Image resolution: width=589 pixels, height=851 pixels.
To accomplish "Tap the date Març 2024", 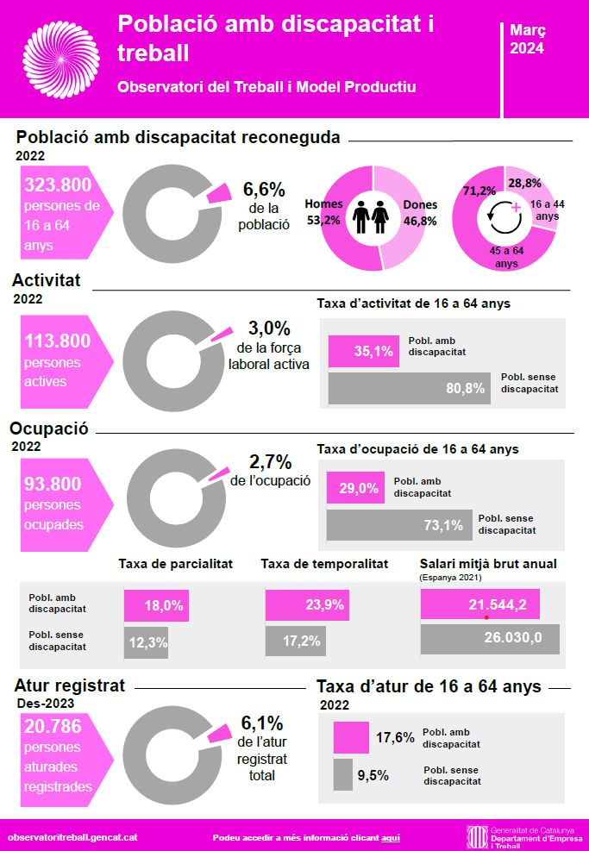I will pyautogui.click(x=527, y=40).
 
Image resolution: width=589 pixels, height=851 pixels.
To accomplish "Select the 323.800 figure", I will pyautogui.click(x=58, y=185).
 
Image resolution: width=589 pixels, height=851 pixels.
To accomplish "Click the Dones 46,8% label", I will pyautogui.click(x=420, y=213).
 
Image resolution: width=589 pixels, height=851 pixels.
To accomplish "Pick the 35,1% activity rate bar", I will pyautogui.click(x=363, y=351).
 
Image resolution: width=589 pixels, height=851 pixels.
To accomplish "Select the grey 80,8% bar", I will pyautogui.click(x=409, y=388).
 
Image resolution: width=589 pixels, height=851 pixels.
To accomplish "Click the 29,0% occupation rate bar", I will pyautogui.click(x=354, y=488).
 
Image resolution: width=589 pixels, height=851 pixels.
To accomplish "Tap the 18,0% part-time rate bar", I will pyautogui.click(x=156, y=605).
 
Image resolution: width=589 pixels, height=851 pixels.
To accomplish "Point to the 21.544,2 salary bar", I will pyautogui.click(x=479, y=604).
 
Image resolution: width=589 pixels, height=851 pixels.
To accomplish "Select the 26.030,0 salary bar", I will pyautogui.click(x=489, y=639).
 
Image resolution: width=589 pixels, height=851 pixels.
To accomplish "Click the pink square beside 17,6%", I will pyautogui.click(x=351, y=738).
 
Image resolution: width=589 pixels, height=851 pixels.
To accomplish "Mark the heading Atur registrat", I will pyautogui.click(x=70, y=686).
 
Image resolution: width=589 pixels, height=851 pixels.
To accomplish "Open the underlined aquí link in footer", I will pyautogui.click(x=391, y=837).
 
